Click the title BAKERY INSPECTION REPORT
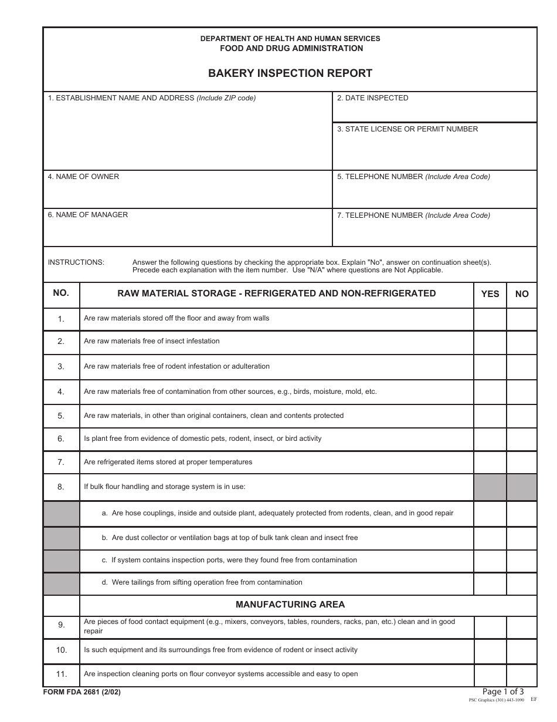(290, 73)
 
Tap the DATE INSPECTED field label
(372, 98)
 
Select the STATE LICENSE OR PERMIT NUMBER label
(407, 129)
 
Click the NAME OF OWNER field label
(83, 177)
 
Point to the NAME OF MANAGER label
(87, 215)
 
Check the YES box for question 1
(490, 319)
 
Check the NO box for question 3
(521, 367)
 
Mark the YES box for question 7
(490, 462)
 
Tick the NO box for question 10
(521, 651)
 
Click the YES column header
(490, 294)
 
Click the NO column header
(521, 294)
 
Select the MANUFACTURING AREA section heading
(290, 605)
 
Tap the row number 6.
(61, 438)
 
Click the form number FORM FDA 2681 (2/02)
(81, 692)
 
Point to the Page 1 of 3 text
(502, 691)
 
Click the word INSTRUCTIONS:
(76, 262)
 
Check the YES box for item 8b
(490, 538)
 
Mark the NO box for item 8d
(521, 583)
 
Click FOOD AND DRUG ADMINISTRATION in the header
(291, 49)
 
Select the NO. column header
(61, 293)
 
